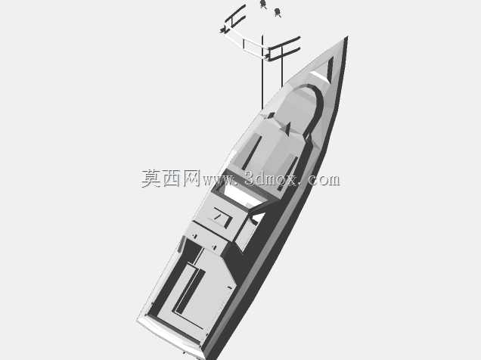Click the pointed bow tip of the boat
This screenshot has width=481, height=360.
click(x=347, y=37)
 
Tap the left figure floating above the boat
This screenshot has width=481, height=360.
click(x=262, y=4)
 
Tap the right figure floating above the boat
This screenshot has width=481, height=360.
click(x=278, y=13)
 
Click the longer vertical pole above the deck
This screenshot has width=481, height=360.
click(x=262, y=72)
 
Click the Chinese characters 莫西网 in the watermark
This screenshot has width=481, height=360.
click(x=170, y=178)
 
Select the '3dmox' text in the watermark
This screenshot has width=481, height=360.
click(x=272, y=178)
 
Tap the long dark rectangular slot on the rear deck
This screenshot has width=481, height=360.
click(x=189, y=290)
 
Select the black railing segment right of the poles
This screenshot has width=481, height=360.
click(x=283, y=48)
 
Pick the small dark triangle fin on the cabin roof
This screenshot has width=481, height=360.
click(x=288, y=128)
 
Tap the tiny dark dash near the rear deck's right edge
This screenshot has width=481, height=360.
click(x=229, y=287)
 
